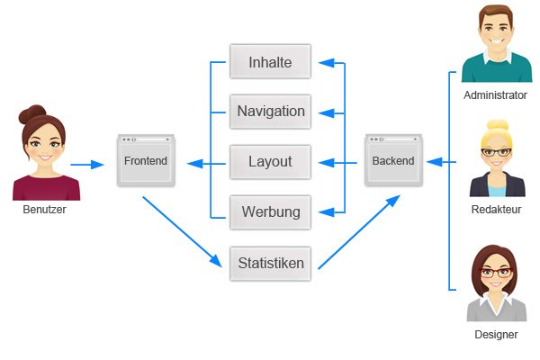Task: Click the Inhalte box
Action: click(270, 61)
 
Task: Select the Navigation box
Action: click(270, 112)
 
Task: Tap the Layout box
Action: click(270, 162)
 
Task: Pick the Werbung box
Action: click(270, 212)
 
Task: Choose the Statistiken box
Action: click(270, 264)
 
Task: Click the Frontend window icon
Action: click(145, 161)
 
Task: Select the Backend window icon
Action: click(393, 160)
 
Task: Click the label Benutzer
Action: click(45, 210)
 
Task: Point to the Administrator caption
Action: click(495, 94)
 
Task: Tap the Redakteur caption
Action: click(496, 209)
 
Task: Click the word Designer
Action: click(496, 334)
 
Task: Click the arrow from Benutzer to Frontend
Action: click(87, 165)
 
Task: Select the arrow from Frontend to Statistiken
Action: click(180, 230)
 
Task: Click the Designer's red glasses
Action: click(496, 272)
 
